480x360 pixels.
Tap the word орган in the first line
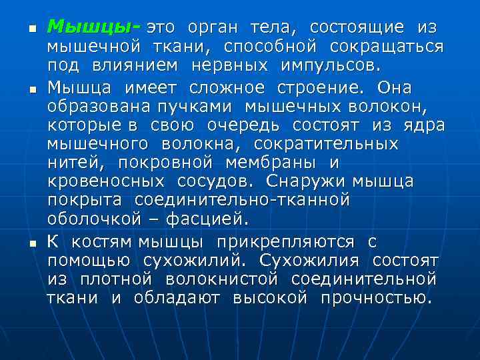211,27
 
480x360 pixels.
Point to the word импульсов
327,67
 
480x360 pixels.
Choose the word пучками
207,107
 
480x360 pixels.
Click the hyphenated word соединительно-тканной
242,200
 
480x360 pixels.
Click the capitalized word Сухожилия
309,259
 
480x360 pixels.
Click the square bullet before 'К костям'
31,243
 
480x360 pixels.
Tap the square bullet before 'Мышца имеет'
31,89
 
